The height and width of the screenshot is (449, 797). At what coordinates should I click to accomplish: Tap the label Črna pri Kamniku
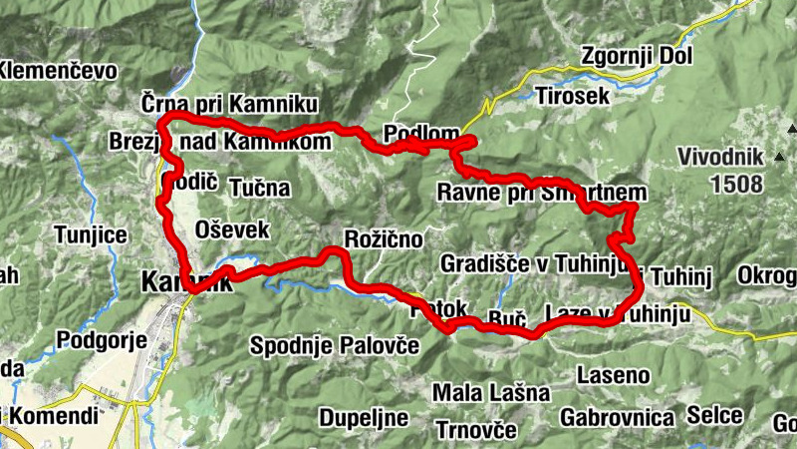[228, 104]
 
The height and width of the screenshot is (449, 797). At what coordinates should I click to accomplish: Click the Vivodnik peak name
[719, 157]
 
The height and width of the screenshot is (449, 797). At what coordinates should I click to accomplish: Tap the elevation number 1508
[737, 184]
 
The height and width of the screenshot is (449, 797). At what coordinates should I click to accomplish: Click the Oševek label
[233, 228]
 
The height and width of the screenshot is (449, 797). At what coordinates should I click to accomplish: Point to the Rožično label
[383, 238]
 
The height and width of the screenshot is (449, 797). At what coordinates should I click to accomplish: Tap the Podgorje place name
[103, 340]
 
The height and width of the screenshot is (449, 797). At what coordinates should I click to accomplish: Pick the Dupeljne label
[361, 415]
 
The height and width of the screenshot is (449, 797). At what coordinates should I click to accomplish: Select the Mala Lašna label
[490, 392]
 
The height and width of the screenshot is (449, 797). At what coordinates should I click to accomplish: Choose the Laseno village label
[614, 376]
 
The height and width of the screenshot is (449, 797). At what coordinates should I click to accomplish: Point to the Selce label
[715, 414]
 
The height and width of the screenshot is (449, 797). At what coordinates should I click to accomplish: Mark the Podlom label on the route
[421, 135]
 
